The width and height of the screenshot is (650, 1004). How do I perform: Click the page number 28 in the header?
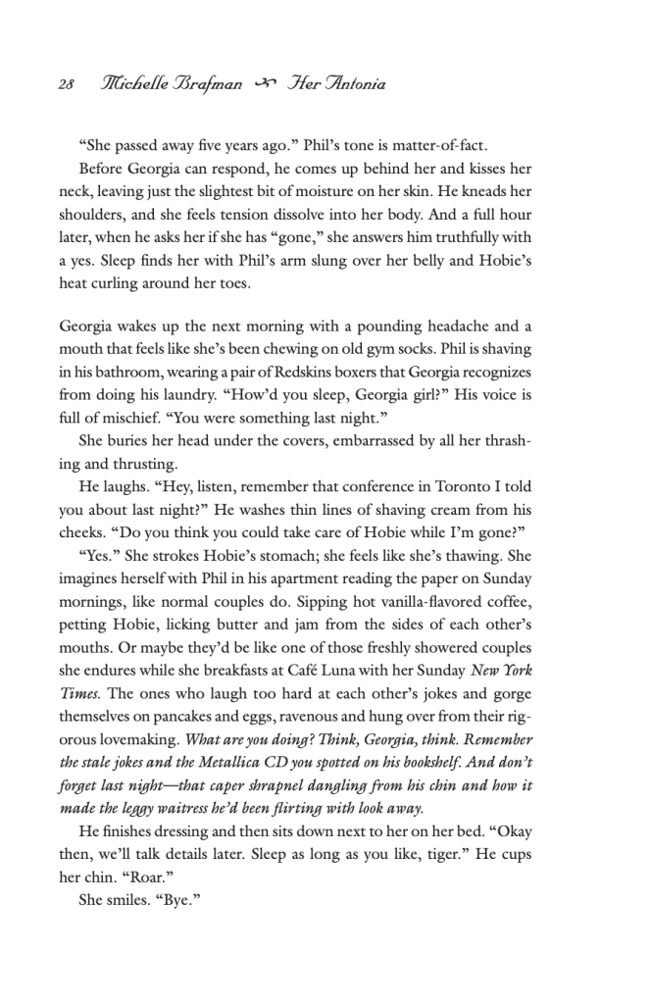(x=66, y=84)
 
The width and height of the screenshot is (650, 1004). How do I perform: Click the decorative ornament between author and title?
(x=261, y=84)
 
